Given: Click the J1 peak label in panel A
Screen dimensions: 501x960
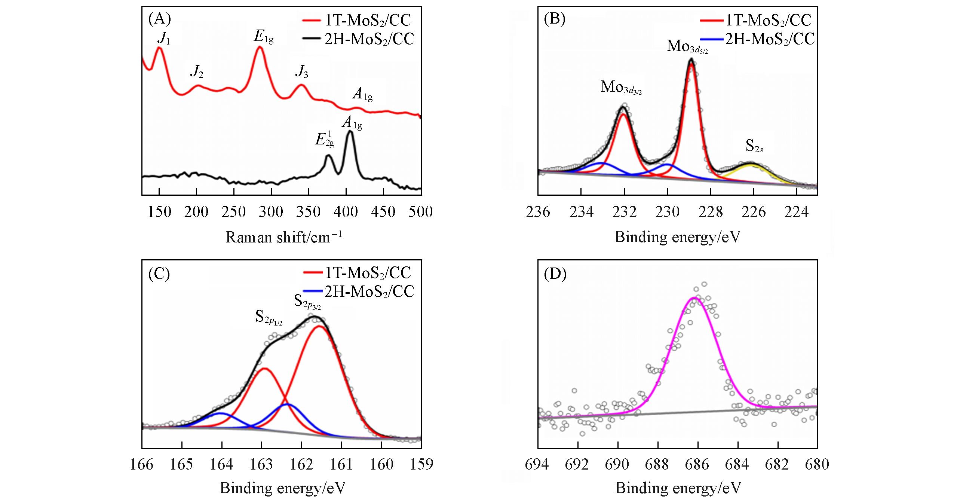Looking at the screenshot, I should click(164, 39).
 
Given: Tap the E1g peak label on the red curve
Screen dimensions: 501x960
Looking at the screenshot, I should click(264, 37).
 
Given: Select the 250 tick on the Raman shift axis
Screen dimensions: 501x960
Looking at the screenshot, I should click(233, 212).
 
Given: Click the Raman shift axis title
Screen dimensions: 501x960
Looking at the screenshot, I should click(284, 237).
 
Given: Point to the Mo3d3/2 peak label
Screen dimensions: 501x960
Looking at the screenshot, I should click(621, 88).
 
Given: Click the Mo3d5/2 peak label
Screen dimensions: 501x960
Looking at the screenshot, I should click(687, 46).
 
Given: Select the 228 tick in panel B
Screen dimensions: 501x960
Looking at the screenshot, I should click(711, 212).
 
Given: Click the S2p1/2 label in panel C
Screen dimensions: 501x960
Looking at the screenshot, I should click(269, 318).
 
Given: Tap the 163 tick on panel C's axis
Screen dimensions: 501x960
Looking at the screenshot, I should click(261, 464).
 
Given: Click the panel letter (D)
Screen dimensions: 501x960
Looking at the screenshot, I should click(555, 275).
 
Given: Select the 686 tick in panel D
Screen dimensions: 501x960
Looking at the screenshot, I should click(698, 464).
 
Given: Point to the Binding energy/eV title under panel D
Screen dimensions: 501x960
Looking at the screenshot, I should click(678, 488).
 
